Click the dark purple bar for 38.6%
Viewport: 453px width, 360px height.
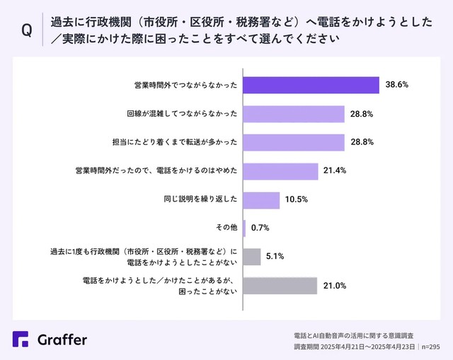point(311,85)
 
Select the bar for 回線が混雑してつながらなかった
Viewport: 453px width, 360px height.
point(294,114)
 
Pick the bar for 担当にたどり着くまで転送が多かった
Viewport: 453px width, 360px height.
point(294,142)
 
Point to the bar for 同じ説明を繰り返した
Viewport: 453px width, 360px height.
point(262,199)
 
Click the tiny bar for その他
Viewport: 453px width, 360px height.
point(245,228)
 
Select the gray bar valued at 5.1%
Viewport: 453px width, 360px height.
point(253,256)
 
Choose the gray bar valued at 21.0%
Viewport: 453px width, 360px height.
point(280,285)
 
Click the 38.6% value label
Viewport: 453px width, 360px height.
point(397,85)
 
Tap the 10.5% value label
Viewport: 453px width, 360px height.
point(297,199)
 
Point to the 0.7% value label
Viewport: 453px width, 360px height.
point(260,228)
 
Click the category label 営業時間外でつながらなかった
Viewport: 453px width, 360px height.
point(185,85)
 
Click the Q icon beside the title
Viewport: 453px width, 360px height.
point(27,31)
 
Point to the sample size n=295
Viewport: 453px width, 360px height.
point(430,347)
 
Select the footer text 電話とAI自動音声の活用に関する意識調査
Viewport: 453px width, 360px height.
point(353,335)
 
